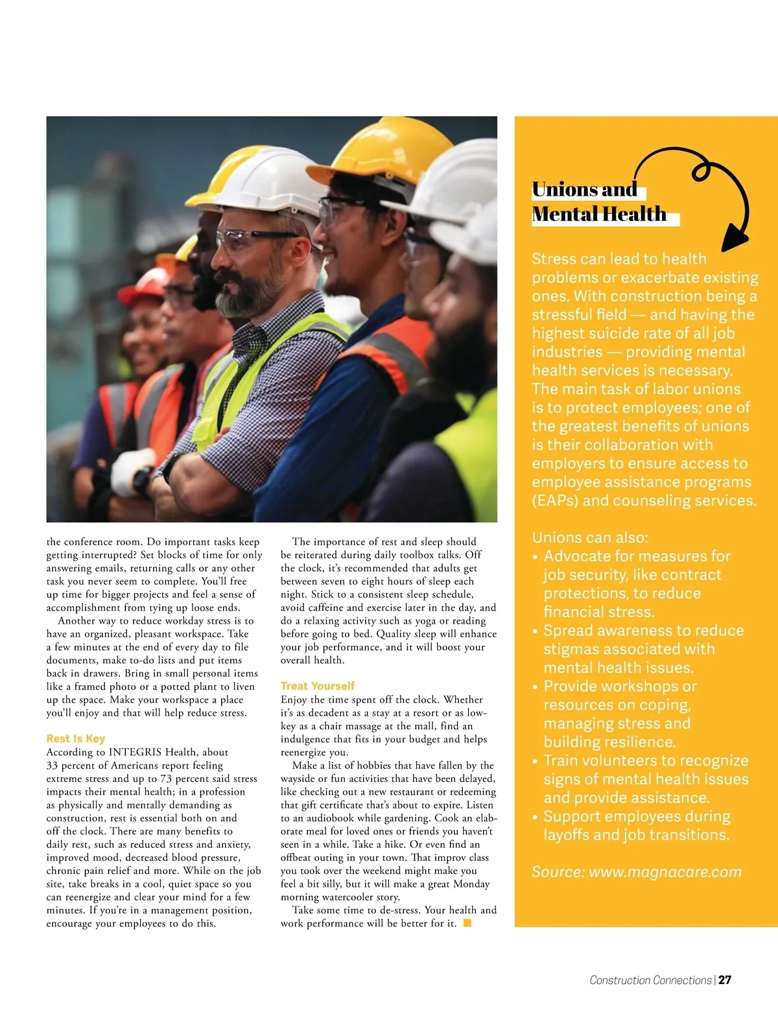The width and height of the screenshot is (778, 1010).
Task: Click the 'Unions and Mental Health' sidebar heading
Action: click(598, 202)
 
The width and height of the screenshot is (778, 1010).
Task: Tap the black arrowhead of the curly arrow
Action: click(734, 239)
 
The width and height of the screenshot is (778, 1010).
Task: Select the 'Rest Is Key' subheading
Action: click(75, 738)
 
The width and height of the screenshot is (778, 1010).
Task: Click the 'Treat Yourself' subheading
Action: click(318, 686)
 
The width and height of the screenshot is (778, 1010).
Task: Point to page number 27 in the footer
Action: click(725, 980)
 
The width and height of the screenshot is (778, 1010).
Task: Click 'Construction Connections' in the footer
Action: click(650, 980)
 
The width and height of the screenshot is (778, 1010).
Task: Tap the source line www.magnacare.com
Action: click(636, 872)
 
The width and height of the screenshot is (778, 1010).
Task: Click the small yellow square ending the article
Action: click(467, 923)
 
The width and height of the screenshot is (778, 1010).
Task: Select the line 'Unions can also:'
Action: click(590, 537)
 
